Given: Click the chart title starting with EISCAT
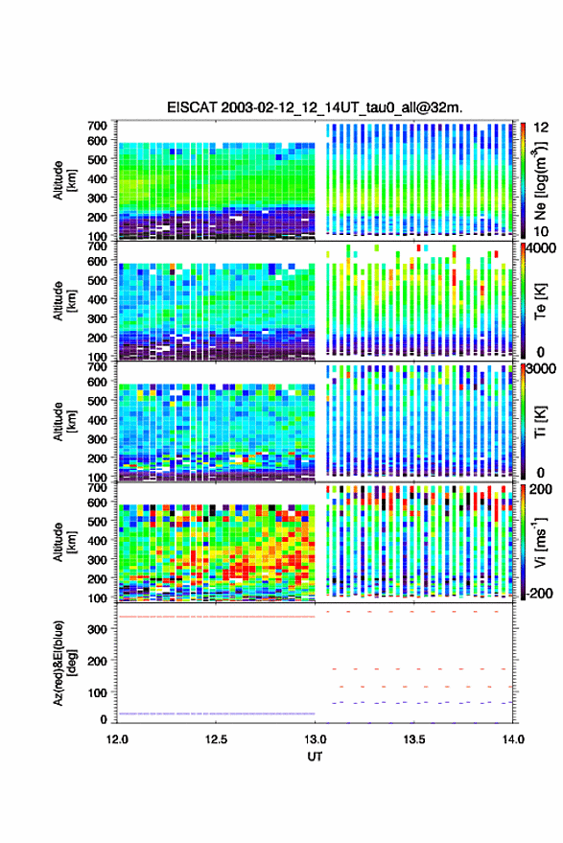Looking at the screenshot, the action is coord(315,107).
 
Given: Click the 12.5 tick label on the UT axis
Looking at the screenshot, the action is coord(216,739).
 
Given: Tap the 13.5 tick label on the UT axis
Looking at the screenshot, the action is coord(414,739).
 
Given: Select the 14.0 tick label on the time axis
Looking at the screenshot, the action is coord(513,739).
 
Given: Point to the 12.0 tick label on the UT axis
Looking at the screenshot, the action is coord(117,739).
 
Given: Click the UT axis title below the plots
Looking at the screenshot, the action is coord(315,757).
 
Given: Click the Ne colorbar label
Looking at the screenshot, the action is coord(541,180).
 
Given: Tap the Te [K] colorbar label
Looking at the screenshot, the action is coord(541,301).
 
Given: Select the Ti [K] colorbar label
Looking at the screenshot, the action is coord(541,422).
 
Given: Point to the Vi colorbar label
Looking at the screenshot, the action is coord(541,542).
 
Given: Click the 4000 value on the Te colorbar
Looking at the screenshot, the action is coord(541,249).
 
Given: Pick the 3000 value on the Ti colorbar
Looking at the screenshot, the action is coord(541,369).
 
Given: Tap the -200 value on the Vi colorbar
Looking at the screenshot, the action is coord(538,593).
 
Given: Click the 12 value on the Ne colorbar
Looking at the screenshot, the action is coord(541,128).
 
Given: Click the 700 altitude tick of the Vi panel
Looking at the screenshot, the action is coord(97,487).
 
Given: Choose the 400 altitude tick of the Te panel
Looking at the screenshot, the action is coord(97,299).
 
